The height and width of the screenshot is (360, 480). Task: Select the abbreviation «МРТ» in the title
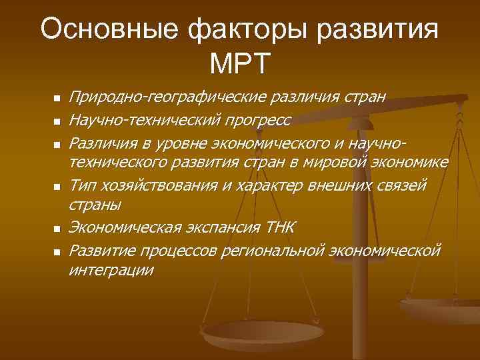pyautogui.click(x=239, y=64)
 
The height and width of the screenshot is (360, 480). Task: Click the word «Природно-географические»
pyautogui.click(x=169, y=98)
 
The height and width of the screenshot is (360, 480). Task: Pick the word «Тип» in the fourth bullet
pyautogui.click(x=84, y=185)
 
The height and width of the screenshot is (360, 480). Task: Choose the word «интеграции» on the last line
pyautogui.click(x=111, y=271)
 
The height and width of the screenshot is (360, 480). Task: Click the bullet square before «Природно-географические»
pyautogui.click(x=57, y=99)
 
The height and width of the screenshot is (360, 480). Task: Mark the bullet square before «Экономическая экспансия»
pyautogui.click(x=57, y=229)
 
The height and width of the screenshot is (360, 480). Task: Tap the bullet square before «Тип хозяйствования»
pyautogui.click(x=57, y=186)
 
